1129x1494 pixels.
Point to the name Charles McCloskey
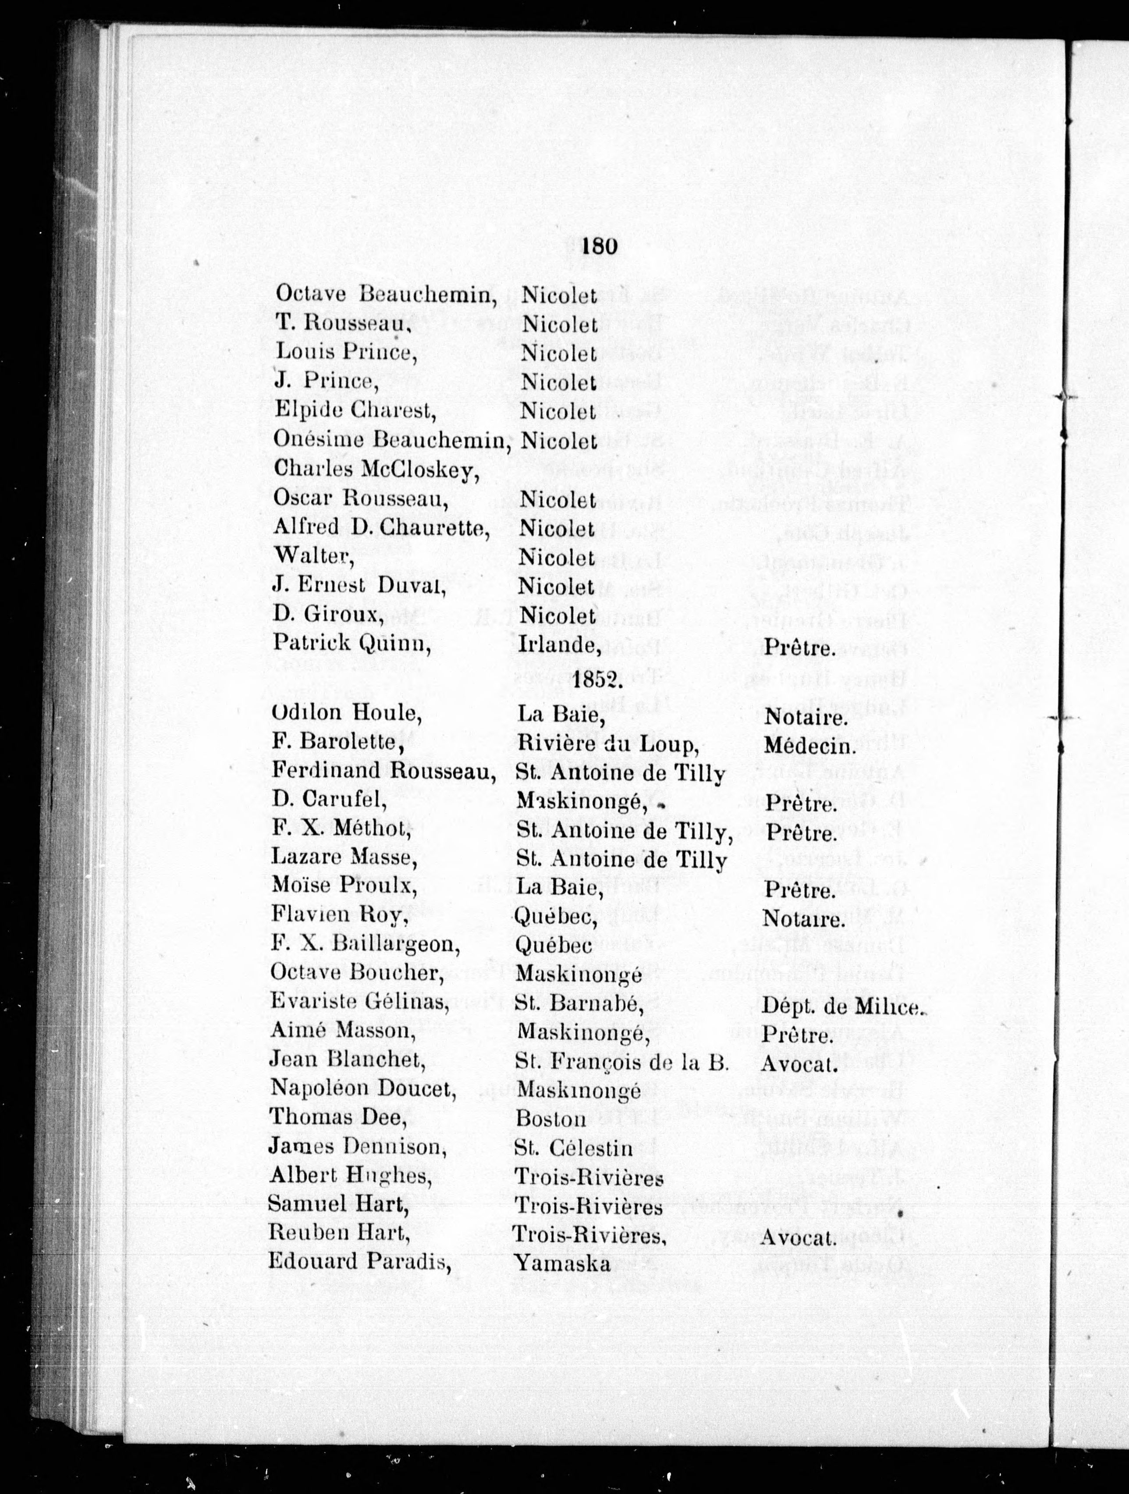click(x=376, y=470)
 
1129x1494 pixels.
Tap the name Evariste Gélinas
click(x=360, y=1003)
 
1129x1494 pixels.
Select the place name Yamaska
click(x=562, y=1264)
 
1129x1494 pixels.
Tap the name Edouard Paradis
click(x=359, y=1262)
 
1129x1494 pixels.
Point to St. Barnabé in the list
click(x=577, y=1004)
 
